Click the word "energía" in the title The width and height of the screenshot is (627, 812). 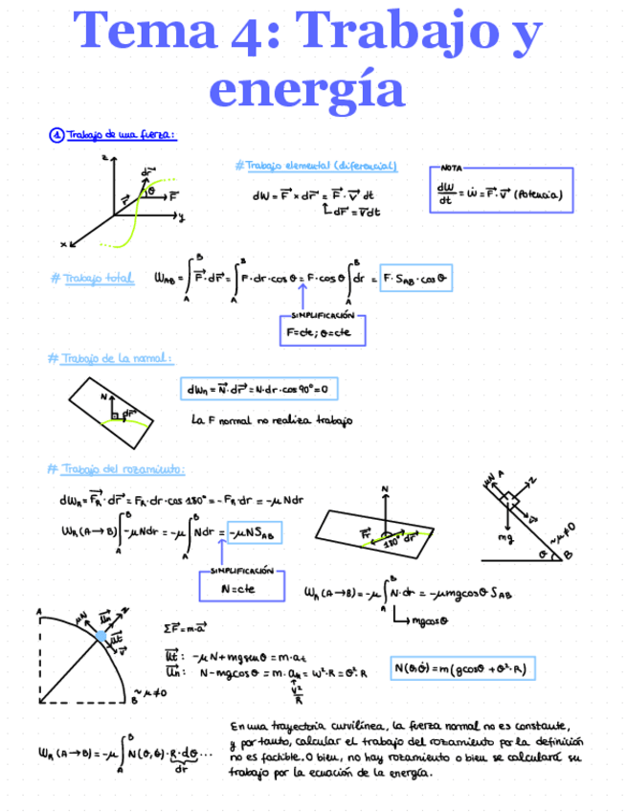[x=306, y=88]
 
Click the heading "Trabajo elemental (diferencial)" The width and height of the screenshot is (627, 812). [x=316, y=166]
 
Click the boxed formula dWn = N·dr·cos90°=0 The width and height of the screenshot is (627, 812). [x=259, y=390]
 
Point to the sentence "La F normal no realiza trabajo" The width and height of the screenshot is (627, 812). [x=272, y=419]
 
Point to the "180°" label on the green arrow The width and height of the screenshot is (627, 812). [x=392, y=542]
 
